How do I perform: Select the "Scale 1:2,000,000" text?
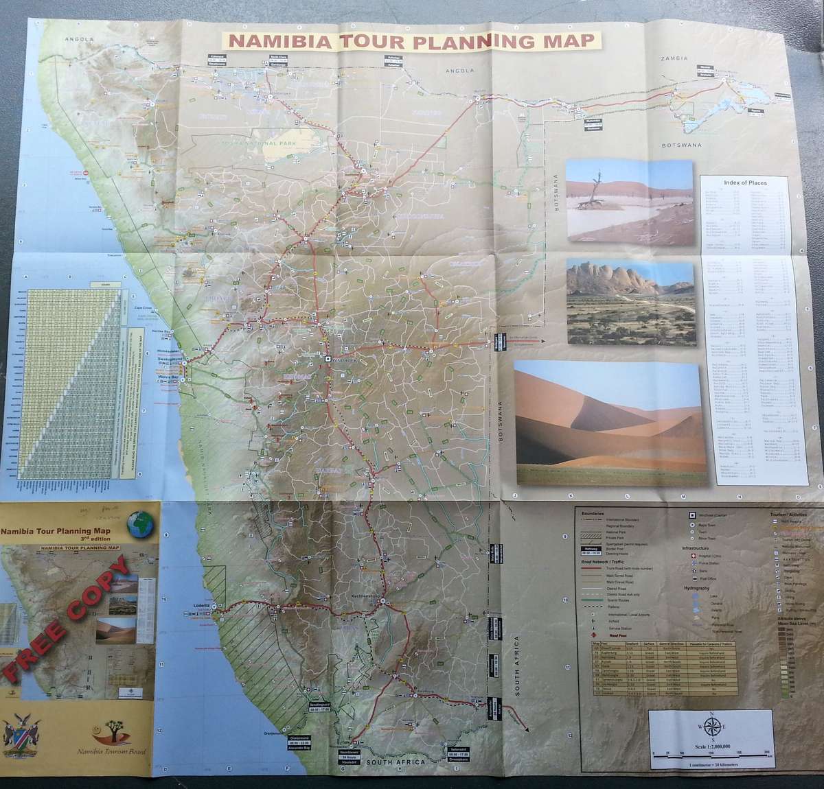pos(712,746)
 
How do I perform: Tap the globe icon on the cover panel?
pos(140,525)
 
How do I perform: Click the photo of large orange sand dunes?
pos(610,423)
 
